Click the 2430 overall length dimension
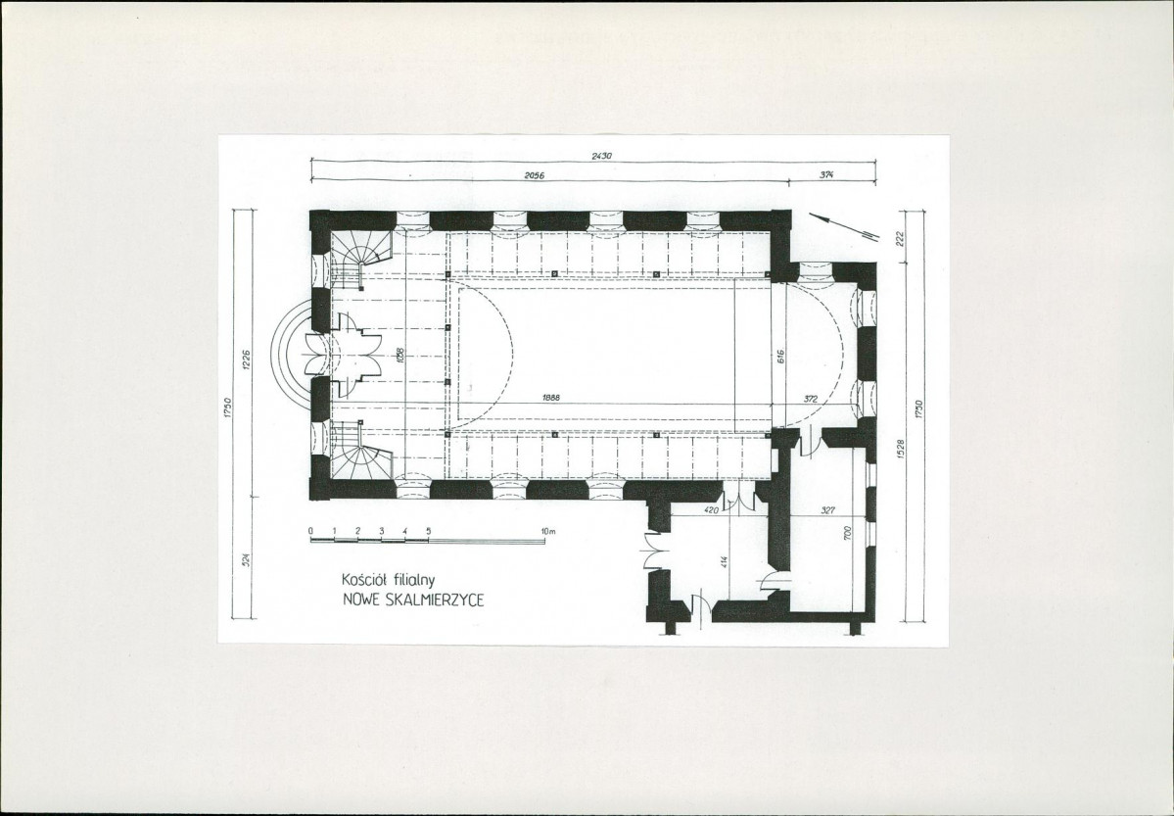coord(601,156)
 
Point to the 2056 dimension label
coord(534,175)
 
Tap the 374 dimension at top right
coord(826,174)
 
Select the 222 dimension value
coord(900,237)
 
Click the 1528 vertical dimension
coord(900,449)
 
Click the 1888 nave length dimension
coord(552,399)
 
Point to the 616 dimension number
coord(779,357)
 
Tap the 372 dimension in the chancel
coord(811,400)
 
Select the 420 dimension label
coord(711,509)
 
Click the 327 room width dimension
coord(827,509)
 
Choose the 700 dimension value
coord(848,534)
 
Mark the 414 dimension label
coord(724,562)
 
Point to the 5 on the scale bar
coord(428,531)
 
